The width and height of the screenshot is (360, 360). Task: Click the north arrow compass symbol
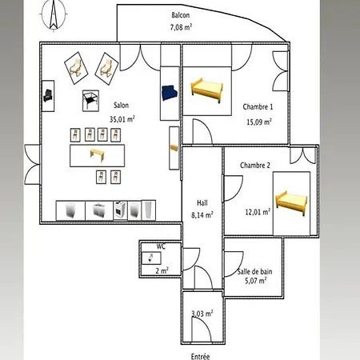click(54, 15)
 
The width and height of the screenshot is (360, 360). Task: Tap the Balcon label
click(181, 15)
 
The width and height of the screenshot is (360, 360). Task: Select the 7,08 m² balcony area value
click(181, 27)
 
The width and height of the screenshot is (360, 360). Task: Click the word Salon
click(122, 106)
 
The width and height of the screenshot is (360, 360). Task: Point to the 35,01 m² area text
click(122, 119)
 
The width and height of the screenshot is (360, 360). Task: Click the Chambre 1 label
click(258, 107)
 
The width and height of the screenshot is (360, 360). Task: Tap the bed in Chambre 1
click(206, 90)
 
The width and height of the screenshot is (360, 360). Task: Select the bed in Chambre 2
click(291, 203)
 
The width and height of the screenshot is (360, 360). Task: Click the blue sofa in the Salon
click(169, 93)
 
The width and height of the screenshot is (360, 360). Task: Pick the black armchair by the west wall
click(48, 96)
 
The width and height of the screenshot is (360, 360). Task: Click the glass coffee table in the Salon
click(90, 100)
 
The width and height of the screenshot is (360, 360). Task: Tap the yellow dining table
click(97, 155)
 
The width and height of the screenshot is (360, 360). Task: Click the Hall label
click(202, 203)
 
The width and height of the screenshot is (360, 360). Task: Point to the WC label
click(161, 246)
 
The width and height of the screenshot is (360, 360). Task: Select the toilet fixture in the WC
click(150, 258)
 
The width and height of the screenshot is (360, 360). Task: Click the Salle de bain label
click(254, 272)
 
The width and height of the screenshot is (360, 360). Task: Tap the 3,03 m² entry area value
click(202, 314)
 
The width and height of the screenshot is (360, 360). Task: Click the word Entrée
click(200, 356)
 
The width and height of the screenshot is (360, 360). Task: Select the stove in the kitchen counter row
click(120, 210)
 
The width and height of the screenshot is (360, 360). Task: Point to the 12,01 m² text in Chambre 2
click(258, 212)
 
